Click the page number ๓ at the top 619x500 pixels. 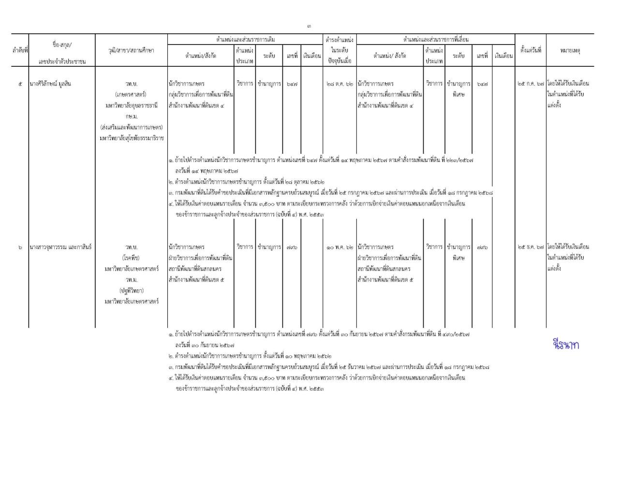coord(309,26)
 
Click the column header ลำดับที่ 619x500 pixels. coord(20,50)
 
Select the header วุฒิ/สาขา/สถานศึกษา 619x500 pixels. coord(132,50)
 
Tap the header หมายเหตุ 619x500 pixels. coord(570,50)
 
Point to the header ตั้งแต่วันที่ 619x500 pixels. coord(531,50)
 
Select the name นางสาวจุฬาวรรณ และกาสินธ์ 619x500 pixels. coord(60,247)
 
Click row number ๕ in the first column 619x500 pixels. coord(20,84)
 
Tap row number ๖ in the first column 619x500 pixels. coord(20,247)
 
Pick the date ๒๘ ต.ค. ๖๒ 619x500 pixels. coord(339,84)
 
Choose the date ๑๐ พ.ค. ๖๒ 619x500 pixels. coord(339,247)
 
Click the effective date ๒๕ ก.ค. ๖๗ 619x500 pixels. coord(531,84)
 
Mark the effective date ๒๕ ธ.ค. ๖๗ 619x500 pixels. coord(531,247)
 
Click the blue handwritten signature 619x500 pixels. coord(565,345)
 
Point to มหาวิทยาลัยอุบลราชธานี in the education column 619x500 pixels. coord(132,105)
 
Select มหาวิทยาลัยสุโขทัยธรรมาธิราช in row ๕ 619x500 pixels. coord(132,138)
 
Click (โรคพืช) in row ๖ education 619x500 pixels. coord(132,258)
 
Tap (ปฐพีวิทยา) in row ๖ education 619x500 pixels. coord(132,291)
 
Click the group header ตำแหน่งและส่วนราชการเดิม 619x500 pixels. coord(245,39)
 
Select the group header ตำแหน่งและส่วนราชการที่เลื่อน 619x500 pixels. coord(435,39)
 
